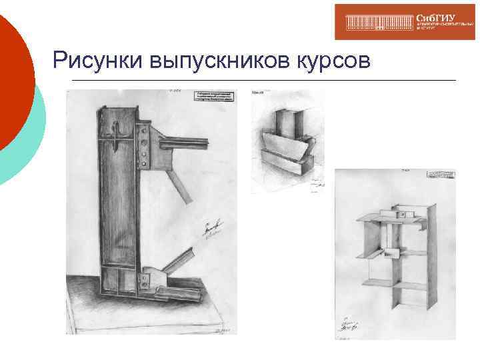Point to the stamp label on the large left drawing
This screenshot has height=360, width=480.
215,97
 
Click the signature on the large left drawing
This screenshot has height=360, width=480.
212,231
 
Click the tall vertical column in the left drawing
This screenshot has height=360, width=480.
118,200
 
